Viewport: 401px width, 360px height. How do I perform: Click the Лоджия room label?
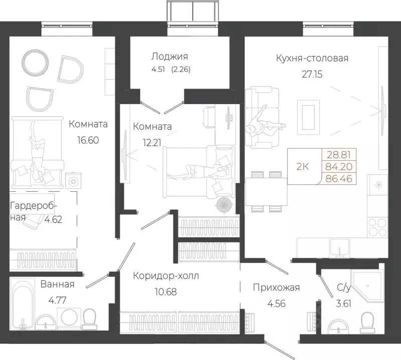click(169, 57)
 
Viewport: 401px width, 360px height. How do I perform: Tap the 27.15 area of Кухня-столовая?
click(312, 74)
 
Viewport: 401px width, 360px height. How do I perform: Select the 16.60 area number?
click(88, 140)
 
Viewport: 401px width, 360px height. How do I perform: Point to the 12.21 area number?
click(152, 143)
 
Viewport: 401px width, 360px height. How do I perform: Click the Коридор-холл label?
click(166, 276)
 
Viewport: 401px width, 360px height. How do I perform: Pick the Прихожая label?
click(276, 288)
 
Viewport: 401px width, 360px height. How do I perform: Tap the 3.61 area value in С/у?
click(343, 304)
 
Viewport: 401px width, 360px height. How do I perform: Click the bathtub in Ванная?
click(23, 303)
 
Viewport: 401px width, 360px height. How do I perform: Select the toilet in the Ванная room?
click(89, 319)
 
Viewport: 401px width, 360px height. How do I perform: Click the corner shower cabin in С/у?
click(367, 285)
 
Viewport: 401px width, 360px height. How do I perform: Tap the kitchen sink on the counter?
click(339, 247)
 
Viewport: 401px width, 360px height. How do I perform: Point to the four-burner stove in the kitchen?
click(377, 227)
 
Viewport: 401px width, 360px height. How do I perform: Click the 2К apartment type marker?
click(303, 167)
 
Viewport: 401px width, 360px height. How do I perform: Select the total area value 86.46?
click(339, 179)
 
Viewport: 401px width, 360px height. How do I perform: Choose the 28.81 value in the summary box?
click(339, 155)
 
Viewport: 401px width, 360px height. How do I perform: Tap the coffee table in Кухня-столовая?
click(308, 117)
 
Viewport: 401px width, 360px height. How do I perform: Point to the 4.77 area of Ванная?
click(57, 300)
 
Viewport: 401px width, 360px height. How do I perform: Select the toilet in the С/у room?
click(367, 322)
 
